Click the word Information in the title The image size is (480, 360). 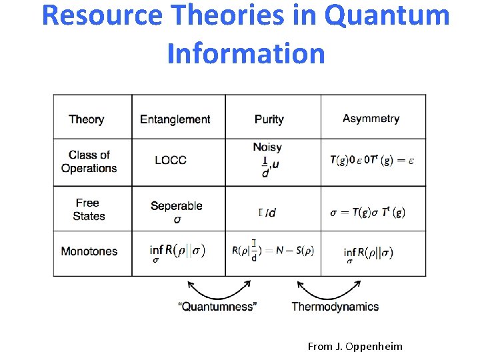[246, 53]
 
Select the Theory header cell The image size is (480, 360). [86, 119]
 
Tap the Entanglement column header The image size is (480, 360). [175, 119]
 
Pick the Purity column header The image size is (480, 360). [269, 119]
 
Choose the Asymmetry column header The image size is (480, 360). [371, 119]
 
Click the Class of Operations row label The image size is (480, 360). [89, 161]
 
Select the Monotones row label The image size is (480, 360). [89, 251]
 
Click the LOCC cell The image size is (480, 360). [170, 160]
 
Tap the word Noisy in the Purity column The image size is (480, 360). [267, 147]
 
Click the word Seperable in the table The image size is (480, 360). [176, 206]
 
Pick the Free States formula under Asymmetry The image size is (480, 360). [367, 213]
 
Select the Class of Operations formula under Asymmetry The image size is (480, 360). [371, 160]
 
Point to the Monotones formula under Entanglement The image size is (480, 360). [178, 251]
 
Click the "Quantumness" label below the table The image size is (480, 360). [217, 307]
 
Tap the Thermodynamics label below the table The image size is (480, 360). [335, 307]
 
